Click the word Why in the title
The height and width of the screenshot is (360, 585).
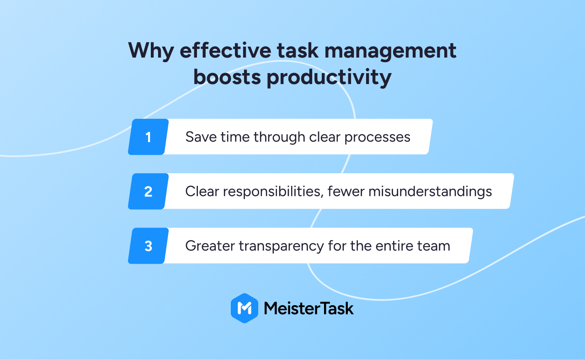tap(151, 51)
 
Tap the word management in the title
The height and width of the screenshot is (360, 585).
tap(390, 51)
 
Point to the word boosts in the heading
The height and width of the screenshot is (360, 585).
tap(227, 77)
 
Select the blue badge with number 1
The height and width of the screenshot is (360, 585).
tap(149, 137)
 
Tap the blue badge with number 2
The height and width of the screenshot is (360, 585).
tap(149, 191)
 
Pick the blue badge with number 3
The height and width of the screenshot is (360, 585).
tap(149, 246)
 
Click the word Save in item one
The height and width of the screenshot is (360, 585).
tap(201, 137)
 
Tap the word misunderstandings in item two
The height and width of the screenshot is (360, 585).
tap(430, 192)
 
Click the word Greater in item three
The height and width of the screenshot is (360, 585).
tap(210, 246)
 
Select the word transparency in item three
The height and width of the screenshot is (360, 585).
tap(281, 246)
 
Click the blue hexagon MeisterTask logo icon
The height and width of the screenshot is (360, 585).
tap(245, 308)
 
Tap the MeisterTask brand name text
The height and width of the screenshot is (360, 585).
tap(309, 308)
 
